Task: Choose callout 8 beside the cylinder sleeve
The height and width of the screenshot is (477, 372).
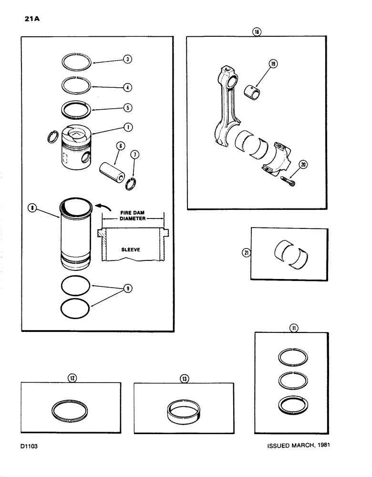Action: [31, 208]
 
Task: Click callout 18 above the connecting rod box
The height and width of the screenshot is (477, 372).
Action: [257, 32]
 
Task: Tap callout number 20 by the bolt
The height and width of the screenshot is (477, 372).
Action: [303, 165]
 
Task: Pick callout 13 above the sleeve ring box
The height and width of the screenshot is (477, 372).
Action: [185, 378]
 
